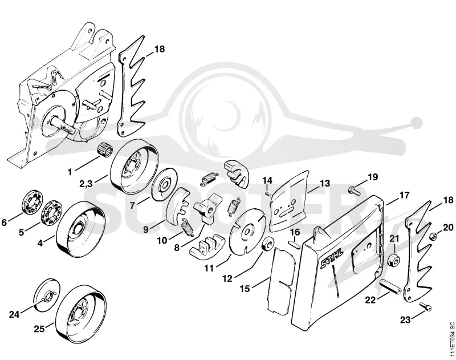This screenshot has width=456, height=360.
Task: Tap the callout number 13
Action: point(325,183)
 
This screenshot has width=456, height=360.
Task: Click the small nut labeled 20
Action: point(433,236)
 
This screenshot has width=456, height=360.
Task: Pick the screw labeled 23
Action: point(426,306)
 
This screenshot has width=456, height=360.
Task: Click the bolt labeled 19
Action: point(354,191)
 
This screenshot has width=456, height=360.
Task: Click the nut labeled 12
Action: point(267,243)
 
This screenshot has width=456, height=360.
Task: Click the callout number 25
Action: point(39,329)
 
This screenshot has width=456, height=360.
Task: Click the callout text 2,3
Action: point(86,184)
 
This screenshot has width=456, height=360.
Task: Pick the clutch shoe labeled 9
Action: point(176,203)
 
